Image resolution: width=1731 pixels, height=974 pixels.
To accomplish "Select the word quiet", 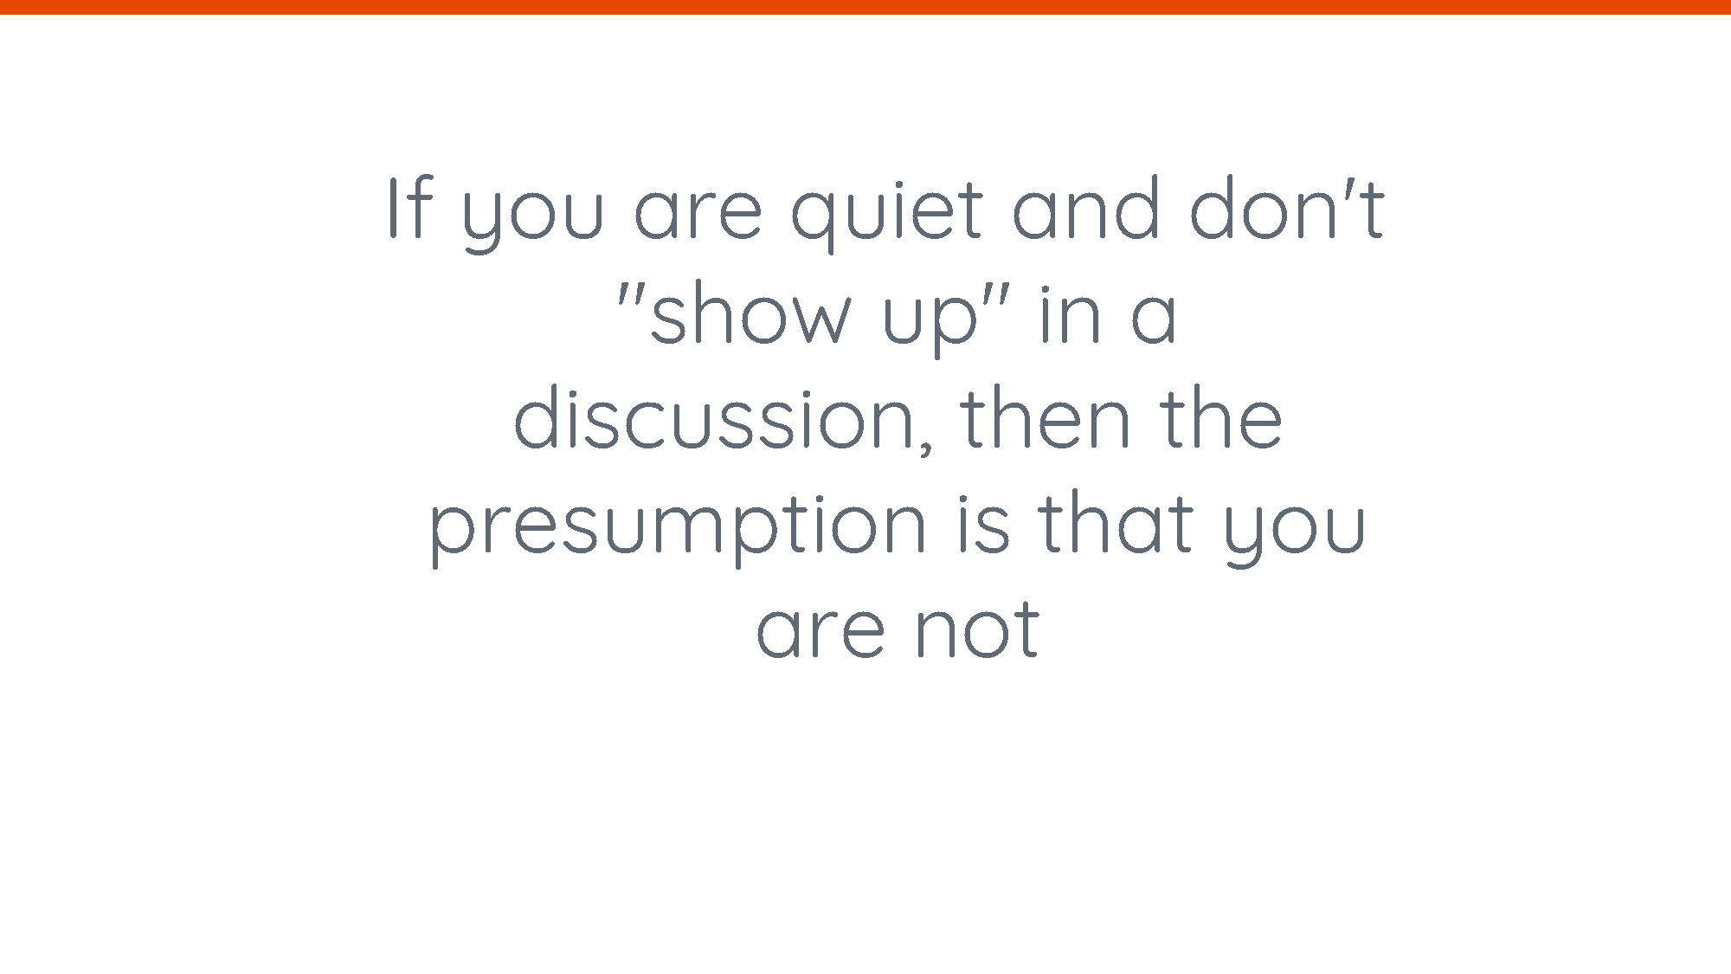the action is pyautogui.click(x=887, y=212).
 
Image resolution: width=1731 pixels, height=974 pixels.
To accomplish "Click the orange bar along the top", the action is pyautogui.click(x=865, y=7).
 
